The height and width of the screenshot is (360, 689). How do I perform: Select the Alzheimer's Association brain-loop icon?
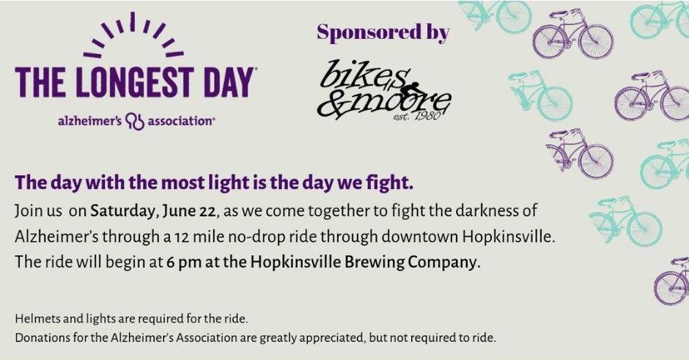pyautogui.click(x=135, y=121)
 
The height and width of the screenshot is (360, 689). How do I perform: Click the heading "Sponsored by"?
pyautogui.click(x=383, y=32)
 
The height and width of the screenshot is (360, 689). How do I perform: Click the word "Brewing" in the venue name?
pyautogui.click(x=374, y=262)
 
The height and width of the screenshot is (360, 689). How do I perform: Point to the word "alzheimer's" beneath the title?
pyautogui.click(x=89, y=121)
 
